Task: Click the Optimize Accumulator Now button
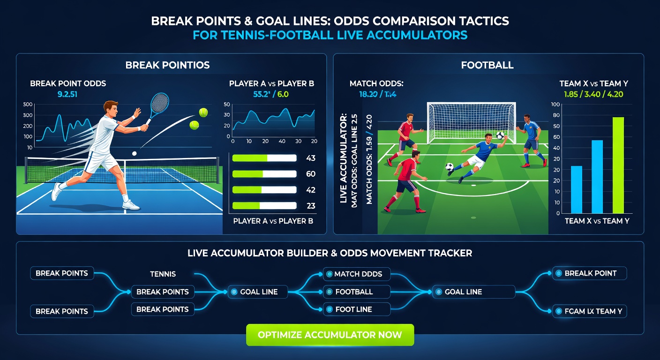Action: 330,335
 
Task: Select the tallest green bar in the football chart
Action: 618,165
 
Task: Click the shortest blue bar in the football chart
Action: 577,189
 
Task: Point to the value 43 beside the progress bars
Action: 310,158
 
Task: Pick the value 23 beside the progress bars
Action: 310,205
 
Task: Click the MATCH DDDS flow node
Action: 357,274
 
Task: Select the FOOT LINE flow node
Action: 357,309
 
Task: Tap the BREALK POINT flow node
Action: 589,273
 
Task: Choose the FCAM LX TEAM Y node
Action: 589,311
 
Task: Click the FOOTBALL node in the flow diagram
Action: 357,292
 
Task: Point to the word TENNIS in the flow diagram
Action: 163,274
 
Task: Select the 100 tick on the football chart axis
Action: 556,105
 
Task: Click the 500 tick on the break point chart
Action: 27,105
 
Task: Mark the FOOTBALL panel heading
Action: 487,66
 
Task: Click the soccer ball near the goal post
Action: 500,135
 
